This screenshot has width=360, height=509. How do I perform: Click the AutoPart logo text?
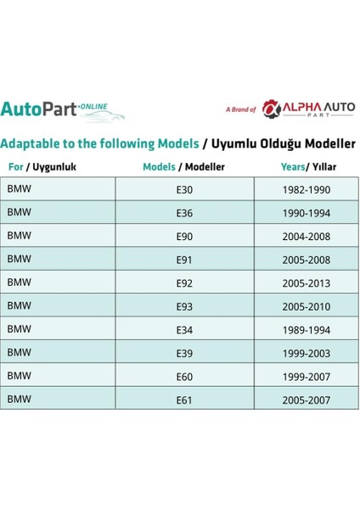40,109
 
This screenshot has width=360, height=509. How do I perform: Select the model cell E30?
184,188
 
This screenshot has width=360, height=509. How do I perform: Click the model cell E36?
184,212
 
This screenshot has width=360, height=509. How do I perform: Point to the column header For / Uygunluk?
42,167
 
